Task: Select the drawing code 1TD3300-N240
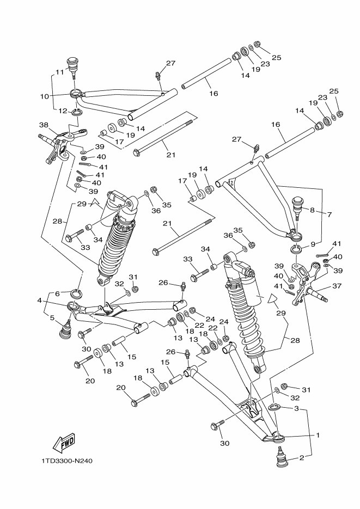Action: click(67, 461)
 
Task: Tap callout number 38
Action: click(44, 124)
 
